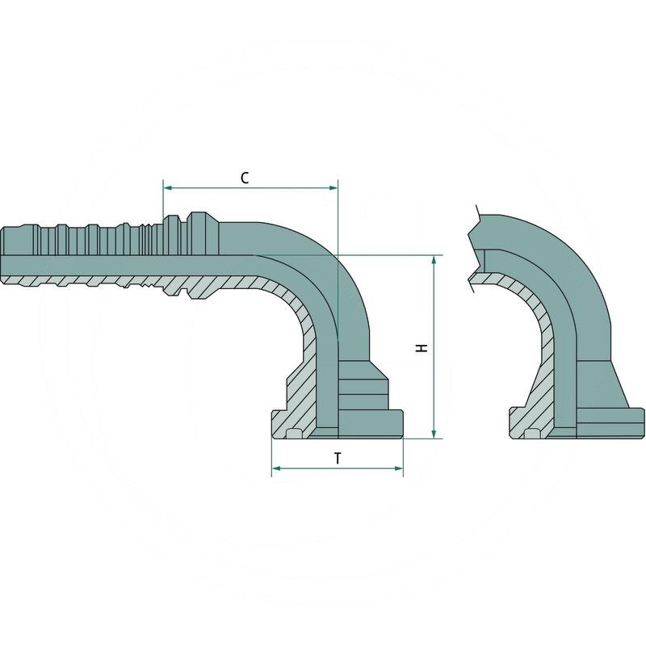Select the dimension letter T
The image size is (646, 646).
click(338, 458)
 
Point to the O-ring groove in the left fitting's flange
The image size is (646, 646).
click(294, 434)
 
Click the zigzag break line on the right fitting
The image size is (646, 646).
click(475, 246)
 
